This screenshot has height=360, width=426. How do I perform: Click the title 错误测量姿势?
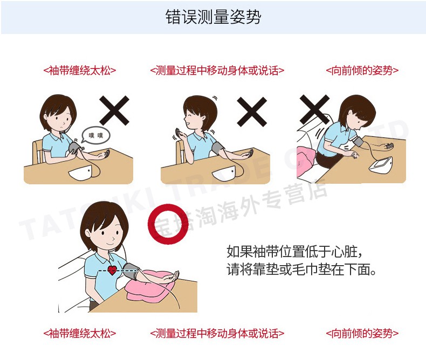pyautogui.click(x=214, y=17)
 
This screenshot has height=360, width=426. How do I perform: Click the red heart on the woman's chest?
pyautogui.click(x=112, y=270)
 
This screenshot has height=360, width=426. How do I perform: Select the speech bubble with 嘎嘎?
pyautogui.click(x=96, y=135)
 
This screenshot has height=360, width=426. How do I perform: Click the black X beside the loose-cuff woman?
pyautogui.click(x=114, y=110)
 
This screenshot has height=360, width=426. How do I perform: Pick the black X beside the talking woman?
pyautogui.click(x=252, y=112)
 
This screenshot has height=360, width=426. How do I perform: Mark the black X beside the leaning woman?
pyautogui.click(x=314, y=110)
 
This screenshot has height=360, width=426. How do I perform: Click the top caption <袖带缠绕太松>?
pyautogui.click(x=80, y=71)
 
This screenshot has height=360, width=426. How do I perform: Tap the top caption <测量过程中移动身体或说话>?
pyautogui.click(x=217, y=71)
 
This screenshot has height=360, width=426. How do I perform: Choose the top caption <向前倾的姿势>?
pyautogui.click(x=362, y=71)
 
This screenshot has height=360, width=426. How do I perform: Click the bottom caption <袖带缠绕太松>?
pyautogui.click(x=80, y=334)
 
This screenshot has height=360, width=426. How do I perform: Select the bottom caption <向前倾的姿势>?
pyautogui.click(x=362, y=334)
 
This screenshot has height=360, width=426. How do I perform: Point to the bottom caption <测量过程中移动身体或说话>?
pyautogui.click(x=217, y=334)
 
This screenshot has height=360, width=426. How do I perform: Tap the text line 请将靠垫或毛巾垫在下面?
pyautogui.click(x=301, y=269)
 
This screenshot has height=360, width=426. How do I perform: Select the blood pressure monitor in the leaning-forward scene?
pyautogui.click(x=380, y=164)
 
